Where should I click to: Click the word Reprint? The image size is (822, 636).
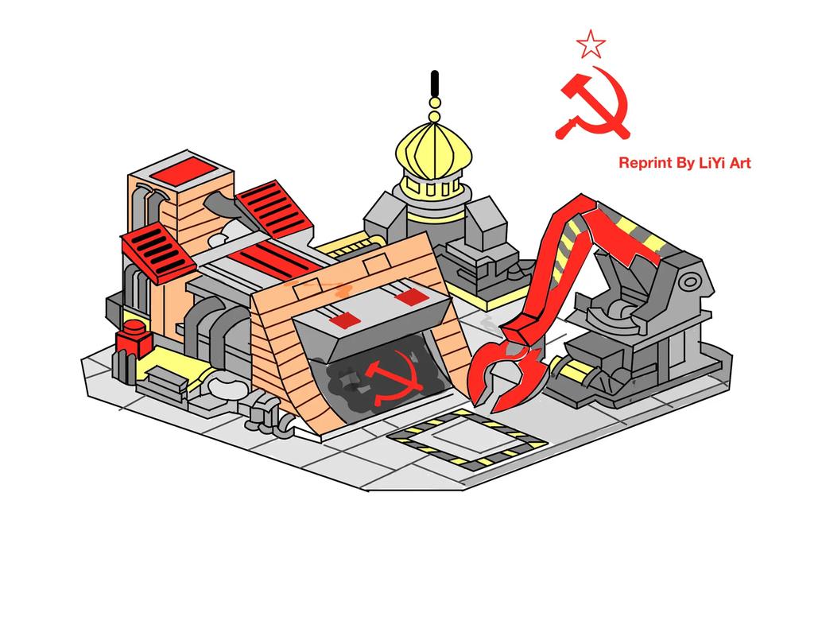click(x=645, y=163)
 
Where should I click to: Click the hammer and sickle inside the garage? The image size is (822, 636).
click(x=383, y=380)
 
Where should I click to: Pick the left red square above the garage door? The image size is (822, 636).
click(x=343, y=320)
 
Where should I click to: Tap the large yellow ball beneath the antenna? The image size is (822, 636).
click(x=434, y=103)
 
